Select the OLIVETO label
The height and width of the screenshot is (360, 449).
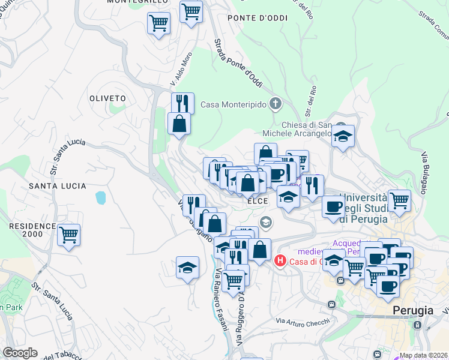[107, 98]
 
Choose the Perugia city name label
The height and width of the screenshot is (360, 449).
[413, 311]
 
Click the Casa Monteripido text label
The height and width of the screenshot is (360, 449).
[234, 104]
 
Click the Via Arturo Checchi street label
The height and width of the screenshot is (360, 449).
[303, 322]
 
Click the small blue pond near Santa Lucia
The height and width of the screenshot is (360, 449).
[100, 197]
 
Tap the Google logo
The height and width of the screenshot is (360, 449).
[20, 353]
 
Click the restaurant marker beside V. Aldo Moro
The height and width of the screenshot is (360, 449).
[182, 103]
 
